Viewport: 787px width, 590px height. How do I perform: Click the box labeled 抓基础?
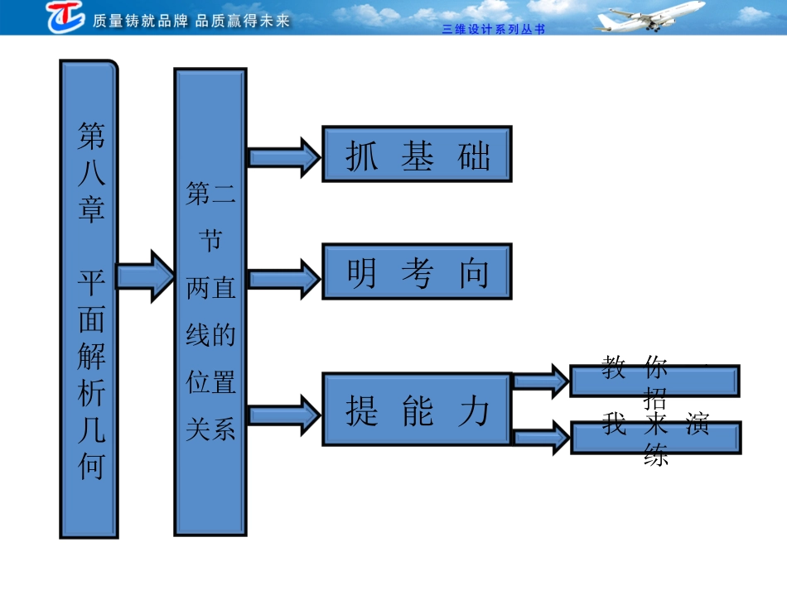[417, 154]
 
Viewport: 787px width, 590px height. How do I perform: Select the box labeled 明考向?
[417, 271]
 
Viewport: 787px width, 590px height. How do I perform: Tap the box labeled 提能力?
[417, 410]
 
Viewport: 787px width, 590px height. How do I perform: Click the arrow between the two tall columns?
[145, 275]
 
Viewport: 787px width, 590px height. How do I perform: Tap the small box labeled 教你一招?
[654, 381]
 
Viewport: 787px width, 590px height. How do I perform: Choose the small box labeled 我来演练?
[655, 437]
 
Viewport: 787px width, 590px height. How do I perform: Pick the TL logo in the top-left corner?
[65, 16]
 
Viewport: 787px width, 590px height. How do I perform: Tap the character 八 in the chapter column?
[91, 170]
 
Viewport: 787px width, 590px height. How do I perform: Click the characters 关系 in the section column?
[210, 429]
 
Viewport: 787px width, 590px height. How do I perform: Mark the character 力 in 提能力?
[474, 410]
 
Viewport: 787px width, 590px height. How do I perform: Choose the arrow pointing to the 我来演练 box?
[541, 437]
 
